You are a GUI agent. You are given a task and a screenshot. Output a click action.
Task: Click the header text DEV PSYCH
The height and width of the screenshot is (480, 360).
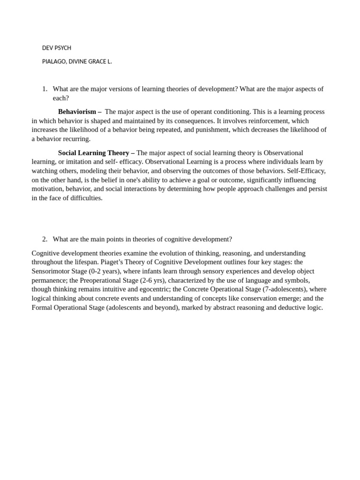tap(57, 48)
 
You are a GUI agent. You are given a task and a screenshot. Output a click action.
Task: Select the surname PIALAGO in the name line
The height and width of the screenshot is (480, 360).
tap(54, 61)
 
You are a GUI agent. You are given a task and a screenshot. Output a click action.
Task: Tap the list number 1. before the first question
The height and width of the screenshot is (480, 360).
tap(45, 89)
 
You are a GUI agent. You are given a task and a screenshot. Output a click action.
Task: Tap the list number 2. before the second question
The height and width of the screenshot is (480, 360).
tap(45, 239)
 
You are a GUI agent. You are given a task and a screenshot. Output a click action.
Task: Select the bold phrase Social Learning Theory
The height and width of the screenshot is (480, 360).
tap(93, 153)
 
